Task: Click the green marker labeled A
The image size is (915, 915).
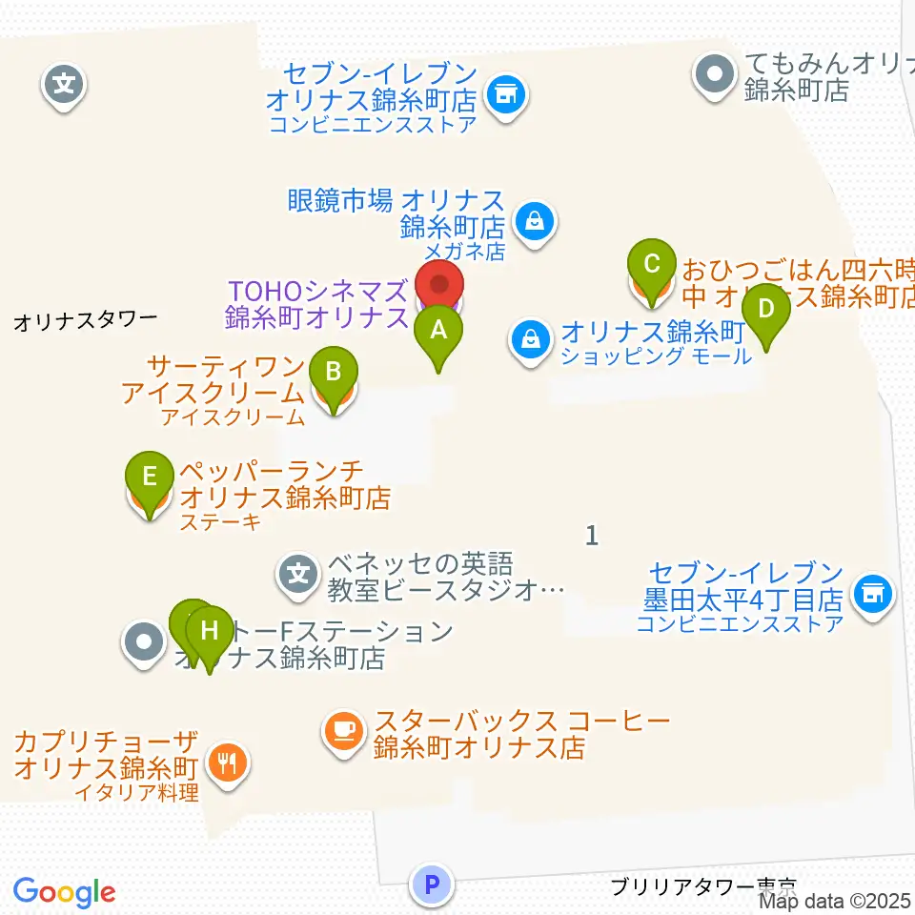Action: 438,333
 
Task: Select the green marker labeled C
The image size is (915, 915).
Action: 652,265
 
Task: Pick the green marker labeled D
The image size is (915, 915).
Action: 766,311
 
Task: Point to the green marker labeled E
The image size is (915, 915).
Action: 149,477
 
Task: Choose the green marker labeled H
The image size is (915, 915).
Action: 210,632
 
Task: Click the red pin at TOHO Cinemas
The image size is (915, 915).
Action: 439,287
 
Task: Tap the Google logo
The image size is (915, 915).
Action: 64,892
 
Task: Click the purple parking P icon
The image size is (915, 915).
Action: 432,884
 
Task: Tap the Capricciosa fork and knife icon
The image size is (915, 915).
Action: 227,762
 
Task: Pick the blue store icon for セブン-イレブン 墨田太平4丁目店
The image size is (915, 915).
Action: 871,595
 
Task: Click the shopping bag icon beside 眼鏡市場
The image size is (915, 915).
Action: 535,223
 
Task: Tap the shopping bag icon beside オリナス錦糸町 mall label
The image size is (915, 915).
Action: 528,337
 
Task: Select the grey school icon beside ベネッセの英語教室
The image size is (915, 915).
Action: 298,574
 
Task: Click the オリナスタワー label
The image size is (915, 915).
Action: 85,321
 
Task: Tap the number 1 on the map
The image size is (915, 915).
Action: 592,536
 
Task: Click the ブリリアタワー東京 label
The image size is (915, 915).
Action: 702,886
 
